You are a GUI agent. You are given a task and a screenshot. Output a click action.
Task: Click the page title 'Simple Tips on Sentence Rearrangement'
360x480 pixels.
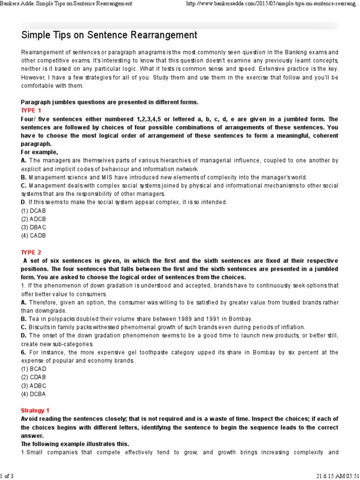point(109,35)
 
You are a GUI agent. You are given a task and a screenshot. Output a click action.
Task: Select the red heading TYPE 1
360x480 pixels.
point(31,111)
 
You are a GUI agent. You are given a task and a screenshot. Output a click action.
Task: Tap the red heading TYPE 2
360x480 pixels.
point(31,252)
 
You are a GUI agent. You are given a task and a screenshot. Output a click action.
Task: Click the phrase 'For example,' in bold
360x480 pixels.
point(39,152)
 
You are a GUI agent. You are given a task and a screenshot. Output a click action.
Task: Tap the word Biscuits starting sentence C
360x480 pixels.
point(40,327)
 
